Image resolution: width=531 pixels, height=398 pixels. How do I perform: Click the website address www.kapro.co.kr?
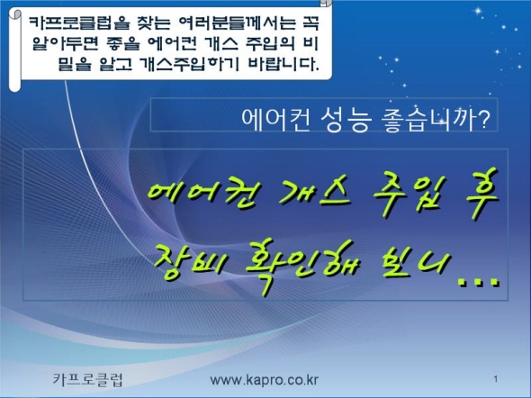point(264,380)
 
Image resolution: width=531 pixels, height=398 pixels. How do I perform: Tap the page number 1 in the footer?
point(495,379)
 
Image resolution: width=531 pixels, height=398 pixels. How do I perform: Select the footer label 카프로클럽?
point(88,379)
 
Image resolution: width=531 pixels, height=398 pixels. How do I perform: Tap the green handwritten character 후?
point(481,192)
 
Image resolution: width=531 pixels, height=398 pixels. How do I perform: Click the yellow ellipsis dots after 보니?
point(478,282)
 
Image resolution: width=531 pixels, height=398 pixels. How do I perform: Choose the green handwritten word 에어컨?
point(202,194)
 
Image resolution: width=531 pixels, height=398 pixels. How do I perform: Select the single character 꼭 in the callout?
point(309,23)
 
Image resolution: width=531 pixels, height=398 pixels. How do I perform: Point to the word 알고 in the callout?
point(115,64)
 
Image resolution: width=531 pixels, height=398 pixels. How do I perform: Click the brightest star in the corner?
point(478,11)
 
